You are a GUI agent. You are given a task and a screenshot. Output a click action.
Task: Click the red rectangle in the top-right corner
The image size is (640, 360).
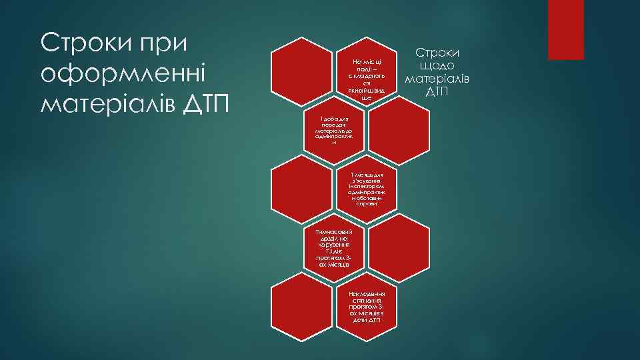pos(565,30)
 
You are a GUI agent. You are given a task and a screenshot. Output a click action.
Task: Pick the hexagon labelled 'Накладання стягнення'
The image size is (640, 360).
pos(367,307)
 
